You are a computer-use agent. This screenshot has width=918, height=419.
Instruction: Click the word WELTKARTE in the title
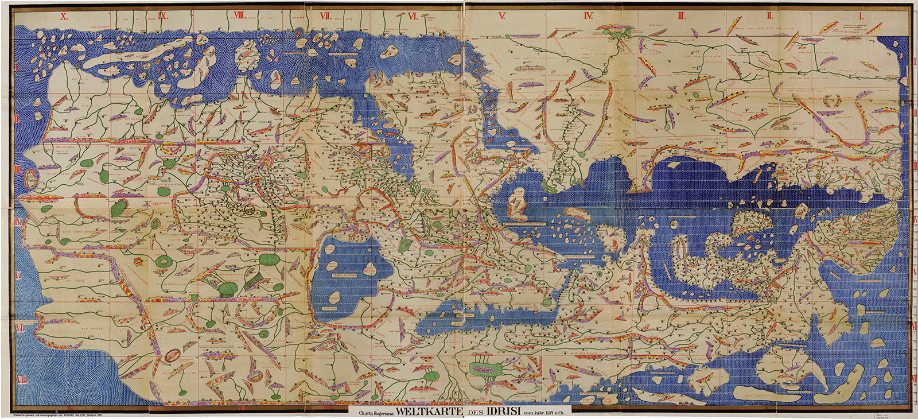coord(429,411)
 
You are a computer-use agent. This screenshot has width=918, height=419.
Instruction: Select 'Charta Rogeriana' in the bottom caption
coord(376,412)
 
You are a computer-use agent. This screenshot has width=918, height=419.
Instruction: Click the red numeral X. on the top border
coord(64,16)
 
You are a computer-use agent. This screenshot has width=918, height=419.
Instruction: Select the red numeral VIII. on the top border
coord(239,16)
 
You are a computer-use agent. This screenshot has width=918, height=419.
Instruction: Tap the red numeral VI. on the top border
coord(412,16)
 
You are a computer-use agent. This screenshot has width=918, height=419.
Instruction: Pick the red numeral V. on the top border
coord(501,16)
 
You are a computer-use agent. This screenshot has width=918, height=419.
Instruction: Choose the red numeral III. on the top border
coord(681,16)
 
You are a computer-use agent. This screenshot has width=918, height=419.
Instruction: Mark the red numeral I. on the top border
coord(861,16)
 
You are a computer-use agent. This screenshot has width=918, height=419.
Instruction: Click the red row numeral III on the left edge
coord(18,170)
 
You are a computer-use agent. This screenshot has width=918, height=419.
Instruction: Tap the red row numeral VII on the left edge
coord(21,380)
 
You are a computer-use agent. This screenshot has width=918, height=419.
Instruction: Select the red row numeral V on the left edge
coord(18,276)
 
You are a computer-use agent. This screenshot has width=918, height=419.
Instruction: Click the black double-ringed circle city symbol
coord(250,209)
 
